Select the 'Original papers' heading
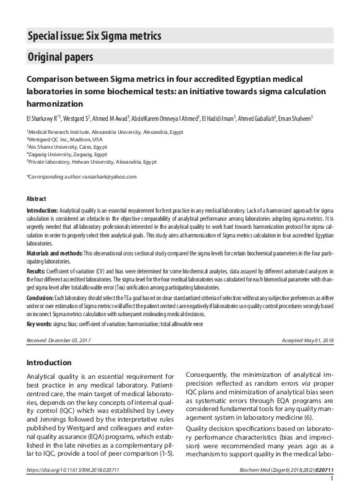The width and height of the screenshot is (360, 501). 60,58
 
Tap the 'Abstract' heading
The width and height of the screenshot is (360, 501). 36,199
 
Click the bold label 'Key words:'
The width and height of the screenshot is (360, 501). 38,324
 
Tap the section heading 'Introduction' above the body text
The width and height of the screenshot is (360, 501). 49,363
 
